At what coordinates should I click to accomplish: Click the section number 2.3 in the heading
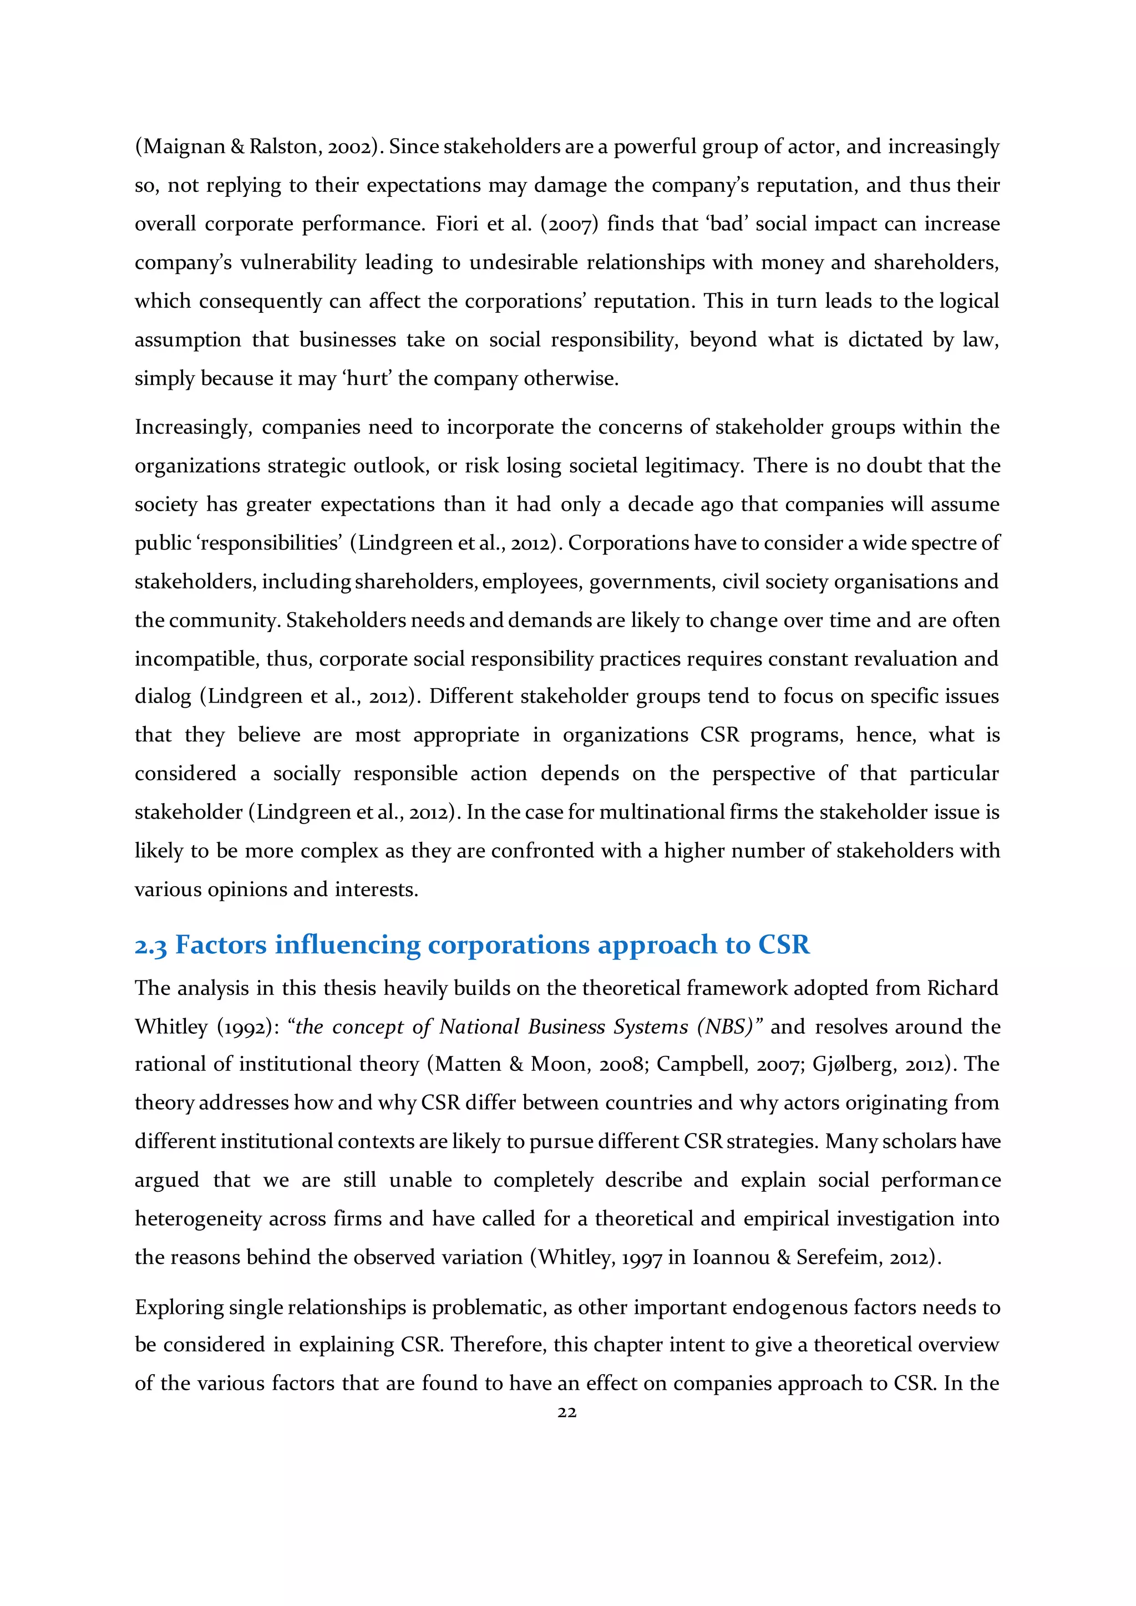click(150, 946)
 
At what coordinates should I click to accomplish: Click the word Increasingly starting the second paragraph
click(193, 428)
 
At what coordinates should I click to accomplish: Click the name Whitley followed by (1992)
click(171, 1027)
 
